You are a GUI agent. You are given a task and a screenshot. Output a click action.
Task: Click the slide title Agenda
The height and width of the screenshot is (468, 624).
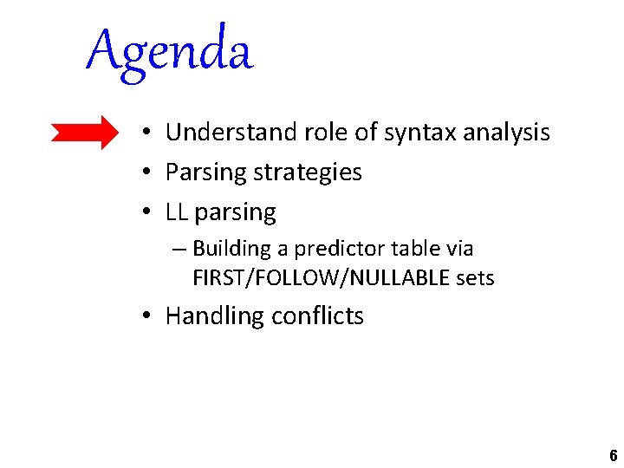[170, 50]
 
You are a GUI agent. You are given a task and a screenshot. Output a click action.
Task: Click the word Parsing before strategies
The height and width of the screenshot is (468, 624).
[205, 172]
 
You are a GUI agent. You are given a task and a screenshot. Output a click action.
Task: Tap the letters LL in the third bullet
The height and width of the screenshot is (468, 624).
[177, 212]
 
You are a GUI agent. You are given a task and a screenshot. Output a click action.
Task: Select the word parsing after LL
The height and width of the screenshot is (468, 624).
[235, 213]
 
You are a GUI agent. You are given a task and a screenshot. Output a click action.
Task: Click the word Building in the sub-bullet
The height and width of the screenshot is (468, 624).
[231, 249]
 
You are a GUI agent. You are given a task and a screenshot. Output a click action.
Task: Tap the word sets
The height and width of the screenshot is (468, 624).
[475, 278]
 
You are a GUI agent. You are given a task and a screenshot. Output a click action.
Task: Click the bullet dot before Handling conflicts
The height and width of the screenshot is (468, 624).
[149, 316]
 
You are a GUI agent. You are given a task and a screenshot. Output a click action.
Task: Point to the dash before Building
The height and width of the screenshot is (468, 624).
[179, 250]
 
